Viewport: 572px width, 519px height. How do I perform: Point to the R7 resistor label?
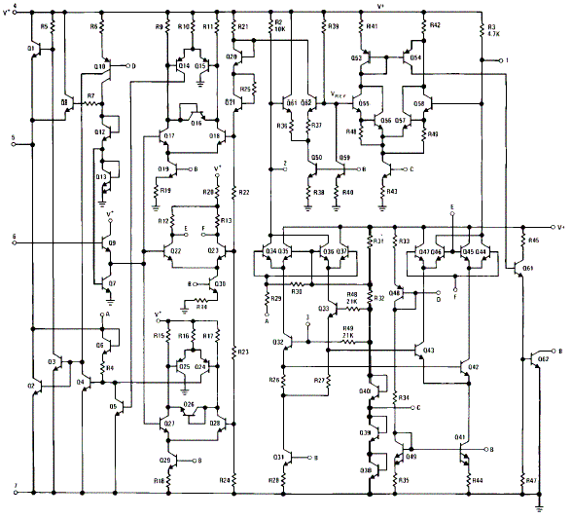tap(89, 96)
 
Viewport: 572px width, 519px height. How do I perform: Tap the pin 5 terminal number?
tap(14, 138)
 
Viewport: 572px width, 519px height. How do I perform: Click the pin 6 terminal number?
tap(14, 236)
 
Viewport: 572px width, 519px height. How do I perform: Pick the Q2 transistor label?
tap(31, 387)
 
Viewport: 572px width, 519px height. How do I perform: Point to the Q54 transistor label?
tap(415, 57)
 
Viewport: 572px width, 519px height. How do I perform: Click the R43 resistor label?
tap(392, 191)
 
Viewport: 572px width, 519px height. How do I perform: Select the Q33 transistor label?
tap(324, 308)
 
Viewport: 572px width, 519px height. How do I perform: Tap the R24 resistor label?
tap(226, 479)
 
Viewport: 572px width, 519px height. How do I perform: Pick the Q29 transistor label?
tap(165, 459)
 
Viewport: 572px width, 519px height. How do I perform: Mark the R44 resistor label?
tap(477, 480)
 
